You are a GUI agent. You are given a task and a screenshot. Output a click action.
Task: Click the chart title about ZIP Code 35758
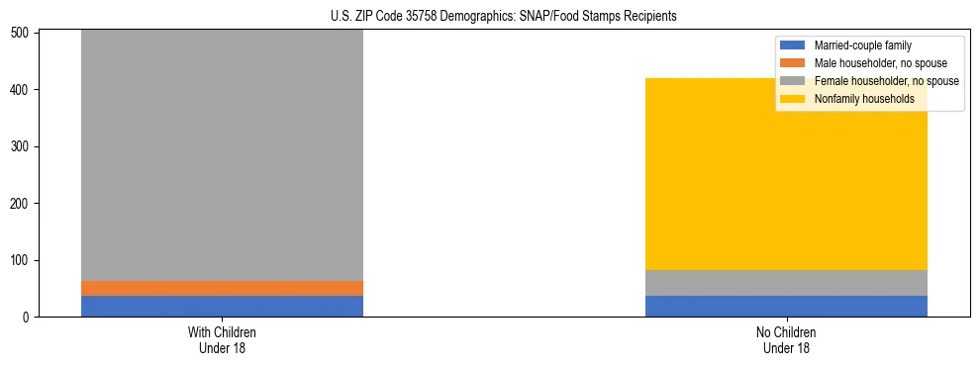click(x=491, y=17)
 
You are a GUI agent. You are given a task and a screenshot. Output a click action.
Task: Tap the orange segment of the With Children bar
click(x=222, y=288)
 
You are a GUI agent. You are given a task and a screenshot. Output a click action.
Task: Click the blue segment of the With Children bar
click(x=222, y=306)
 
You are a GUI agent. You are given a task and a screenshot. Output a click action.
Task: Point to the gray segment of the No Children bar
click(x=786, y=283)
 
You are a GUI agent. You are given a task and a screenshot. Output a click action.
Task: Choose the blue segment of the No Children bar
click(x=786, y=306)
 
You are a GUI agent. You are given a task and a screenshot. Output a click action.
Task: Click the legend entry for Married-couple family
click(x=862, y=46)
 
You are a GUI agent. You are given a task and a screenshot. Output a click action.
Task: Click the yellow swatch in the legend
click(x=793, y=99)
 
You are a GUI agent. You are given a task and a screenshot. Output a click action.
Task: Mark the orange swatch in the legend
click(x=793, y=63)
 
